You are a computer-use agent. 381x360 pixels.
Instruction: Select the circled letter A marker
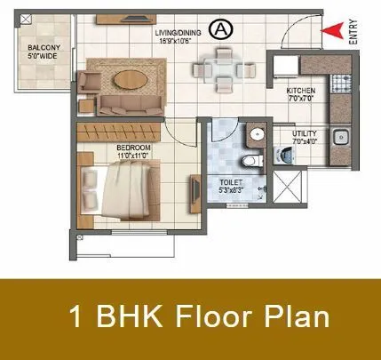tap(220, 30)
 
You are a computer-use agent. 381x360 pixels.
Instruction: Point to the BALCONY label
tap(44, 47)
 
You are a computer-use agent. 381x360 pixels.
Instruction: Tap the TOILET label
tap(231, 180)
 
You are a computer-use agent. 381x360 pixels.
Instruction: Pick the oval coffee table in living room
tap(133, 80)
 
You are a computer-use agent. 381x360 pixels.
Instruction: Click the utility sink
tap(338, 138)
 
